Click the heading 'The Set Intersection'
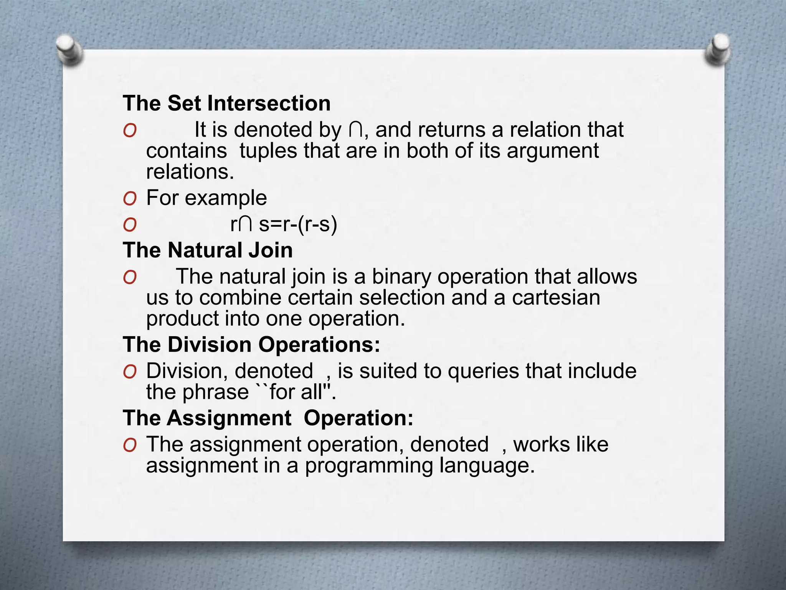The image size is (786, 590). pyautogui.click(x=226, y=103)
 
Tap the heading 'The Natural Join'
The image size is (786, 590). pyautogui.click(x=208, y=250)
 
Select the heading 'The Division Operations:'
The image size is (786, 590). pyautogui.click(x=251, y=344)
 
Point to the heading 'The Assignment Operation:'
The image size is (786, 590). pyautogui.click(x=268, y=418)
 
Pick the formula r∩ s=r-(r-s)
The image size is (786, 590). pyautogui.click(x=284, y=224)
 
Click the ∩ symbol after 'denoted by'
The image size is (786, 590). pyautogui.click(x=355, y=130)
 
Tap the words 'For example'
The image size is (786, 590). pyautogui.click(x=206, y=198)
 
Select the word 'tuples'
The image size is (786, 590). pyautogui.click(x=268, y=151)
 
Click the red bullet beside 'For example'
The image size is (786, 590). pyautogui.click(x=130, y=199)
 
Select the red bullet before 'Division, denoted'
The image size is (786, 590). pyautogui.click(x=130, y=371)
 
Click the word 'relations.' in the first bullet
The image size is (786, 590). pyautogui.click(x=190, y=172)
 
